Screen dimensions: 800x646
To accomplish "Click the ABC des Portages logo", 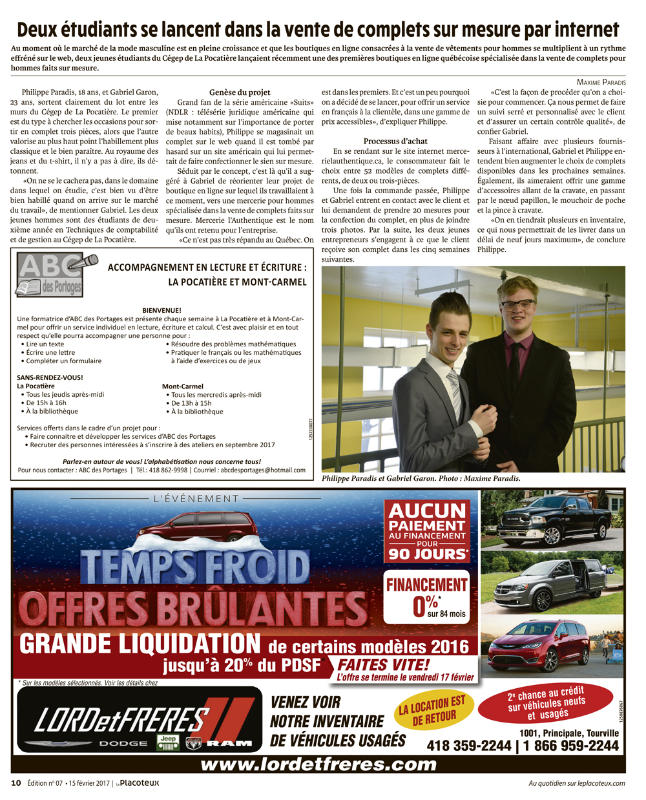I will click(56, 275).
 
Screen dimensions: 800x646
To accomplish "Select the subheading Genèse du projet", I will click(240, 92).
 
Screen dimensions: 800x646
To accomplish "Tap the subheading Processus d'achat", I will click(395, 141).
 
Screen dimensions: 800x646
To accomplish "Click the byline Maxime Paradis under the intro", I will click(601, 82).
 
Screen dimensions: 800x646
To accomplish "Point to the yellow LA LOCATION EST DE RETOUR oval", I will click(432, 711).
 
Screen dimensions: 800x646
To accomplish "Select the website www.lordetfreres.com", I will click(318, 764).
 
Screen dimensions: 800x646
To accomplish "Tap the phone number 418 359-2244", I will click(468, 746).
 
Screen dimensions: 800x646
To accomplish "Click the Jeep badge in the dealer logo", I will click(168, 742).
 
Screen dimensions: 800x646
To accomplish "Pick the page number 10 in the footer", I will click(16, 783).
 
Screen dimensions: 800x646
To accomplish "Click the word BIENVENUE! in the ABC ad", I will click(161, 310).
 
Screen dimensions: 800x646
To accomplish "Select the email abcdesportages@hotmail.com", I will click(263, 470).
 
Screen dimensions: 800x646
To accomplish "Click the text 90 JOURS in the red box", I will click(426, 553).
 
